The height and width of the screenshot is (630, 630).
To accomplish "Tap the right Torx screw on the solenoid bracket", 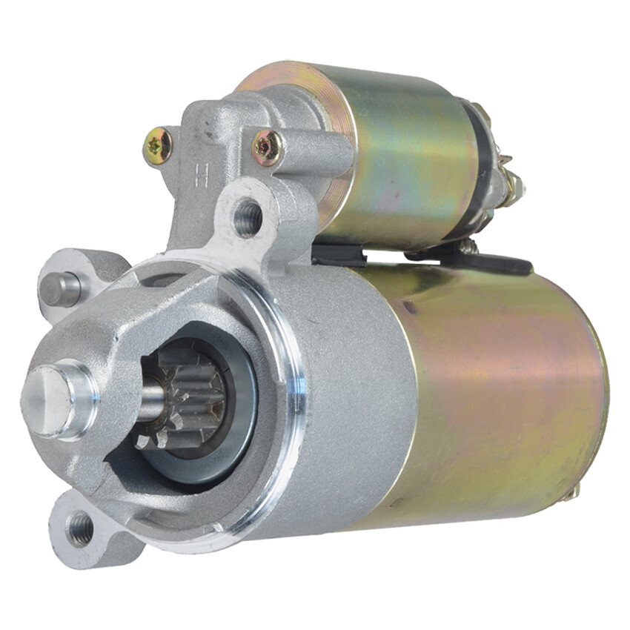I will pyautogui.click(x=266, y=147).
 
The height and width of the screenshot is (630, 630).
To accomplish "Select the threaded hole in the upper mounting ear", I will pyautogui.click(x=248, y=217).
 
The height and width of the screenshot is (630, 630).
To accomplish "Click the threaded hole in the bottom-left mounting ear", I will pyautogui.click(x=80, y=528).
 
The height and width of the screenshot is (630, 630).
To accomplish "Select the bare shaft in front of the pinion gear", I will pyautogui.click(x=152, y=401).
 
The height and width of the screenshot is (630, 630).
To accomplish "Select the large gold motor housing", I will pyautogui.click(x=504, y=393).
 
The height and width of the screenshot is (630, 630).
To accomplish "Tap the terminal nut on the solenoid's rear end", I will pyautogui.click(x=511, y=182).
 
